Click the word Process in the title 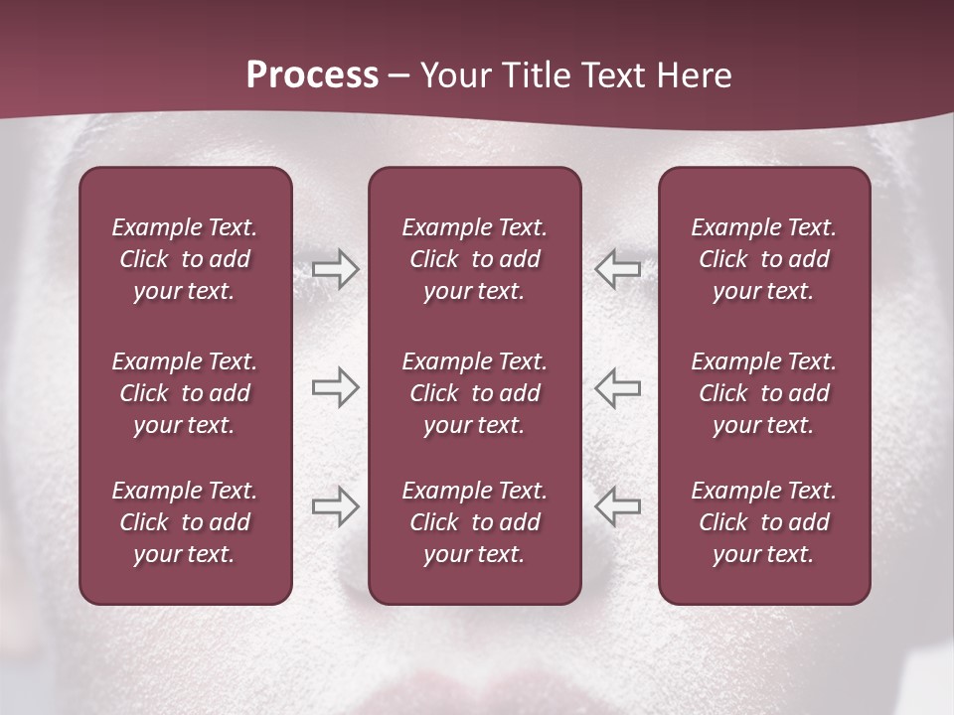[x=312, y=75]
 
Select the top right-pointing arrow [x=335, y=269]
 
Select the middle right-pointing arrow [x=335, y=387]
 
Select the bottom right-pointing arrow [x=335, y=506]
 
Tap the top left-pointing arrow [x=618, y=269]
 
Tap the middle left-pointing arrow [x=618, y=387]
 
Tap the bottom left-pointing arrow [x=618, y=506]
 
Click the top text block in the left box [x=185, y=259]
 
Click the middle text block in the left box [x=185, y=393]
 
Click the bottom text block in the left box [x=185, y=522]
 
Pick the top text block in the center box [x=474, y=259]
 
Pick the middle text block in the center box [x=474, y=393]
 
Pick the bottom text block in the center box [x=474, y=522]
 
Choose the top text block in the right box [x=763, y=259]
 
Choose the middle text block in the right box [x=763, y=393]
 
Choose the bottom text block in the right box [x=763, y=522]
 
